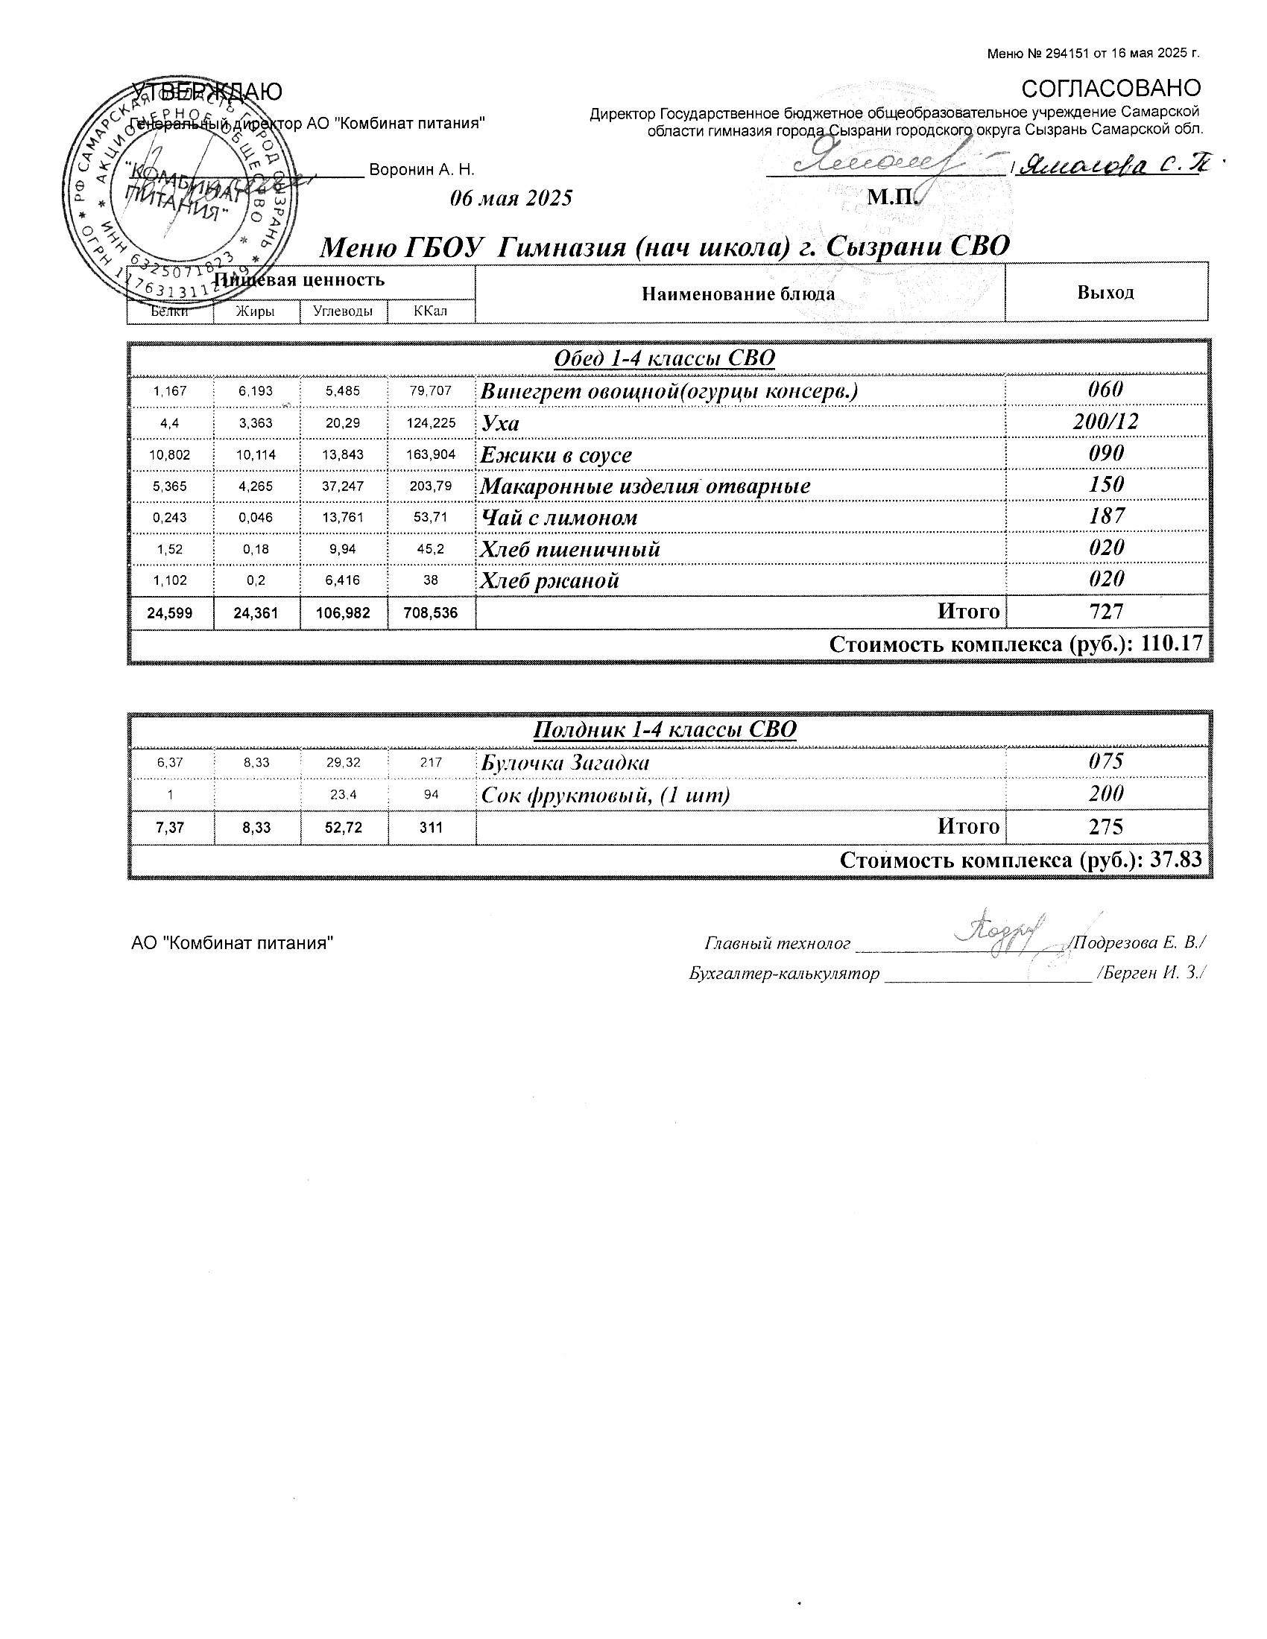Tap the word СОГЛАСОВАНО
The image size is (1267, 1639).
pos(1111,89)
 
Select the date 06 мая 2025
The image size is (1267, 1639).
pos(511,198)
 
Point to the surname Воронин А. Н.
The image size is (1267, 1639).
pos(422,171)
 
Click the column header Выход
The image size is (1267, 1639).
pos(1105,293)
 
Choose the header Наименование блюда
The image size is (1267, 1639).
pos(738,294)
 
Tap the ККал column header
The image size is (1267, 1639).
pos(430,311)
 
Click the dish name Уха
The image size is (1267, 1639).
pos(500,423)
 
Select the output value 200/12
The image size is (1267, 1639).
pos(1105,422)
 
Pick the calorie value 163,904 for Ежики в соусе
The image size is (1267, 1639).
pos(431,454)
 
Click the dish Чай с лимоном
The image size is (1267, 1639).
pos(558,518)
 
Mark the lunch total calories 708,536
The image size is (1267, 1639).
pos(431,613)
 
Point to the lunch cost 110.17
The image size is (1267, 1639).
pos(1172,644)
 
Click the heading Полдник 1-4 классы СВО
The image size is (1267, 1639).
pos(664,729)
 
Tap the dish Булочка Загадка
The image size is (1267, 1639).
pos(564,763)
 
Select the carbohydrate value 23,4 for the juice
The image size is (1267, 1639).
pos(343,795)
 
